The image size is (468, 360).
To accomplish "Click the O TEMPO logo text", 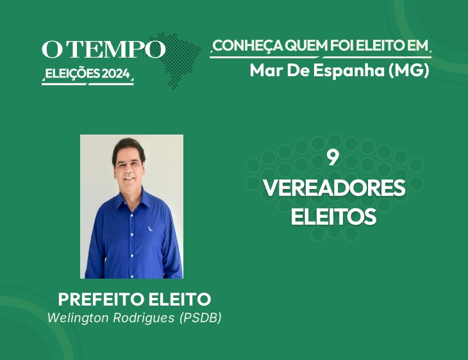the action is tap(103, 49).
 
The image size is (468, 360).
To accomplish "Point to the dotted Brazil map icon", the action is tap(174, 60).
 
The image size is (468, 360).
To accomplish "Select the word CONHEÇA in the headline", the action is tap(248, 45).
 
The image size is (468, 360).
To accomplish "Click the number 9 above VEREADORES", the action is tap(333, 158).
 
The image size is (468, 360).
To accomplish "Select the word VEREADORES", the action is tap(334, 188).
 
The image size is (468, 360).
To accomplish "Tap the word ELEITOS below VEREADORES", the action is tap(333, 217).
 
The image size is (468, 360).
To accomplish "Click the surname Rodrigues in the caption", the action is tap(144, 318).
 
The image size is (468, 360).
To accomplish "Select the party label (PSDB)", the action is tap(201, 318).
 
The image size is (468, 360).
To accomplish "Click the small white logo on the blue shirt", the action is tap(150, 229).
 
